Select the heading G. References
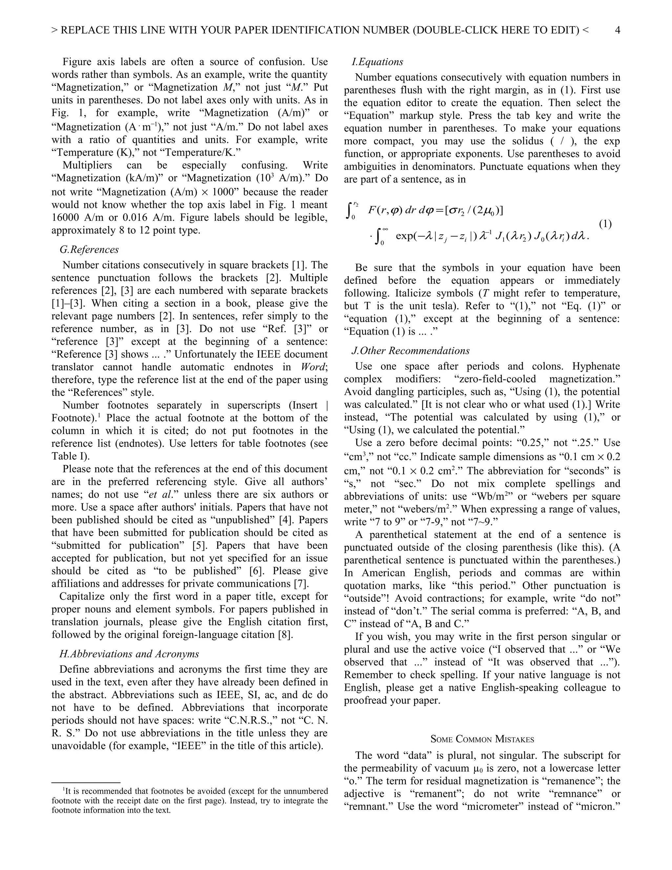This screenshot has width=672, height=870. coord(89,250)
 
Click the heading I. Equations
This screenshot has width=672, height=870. coord(377,62)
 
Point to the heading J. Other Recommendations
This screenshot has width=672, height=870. coord(410,351)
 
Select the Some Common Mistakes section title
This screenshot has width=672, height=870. coord(482,740)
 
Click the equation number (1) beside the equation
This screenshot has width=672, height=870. coord(605,224)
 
